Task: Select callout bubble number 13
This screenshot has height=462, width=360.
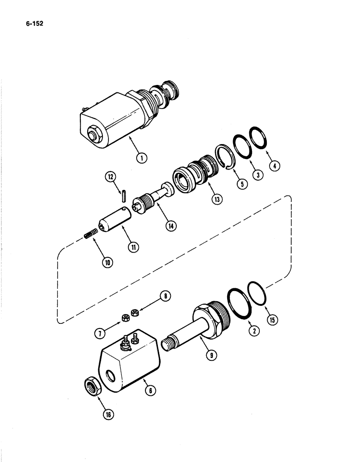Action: coord(216,199)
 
